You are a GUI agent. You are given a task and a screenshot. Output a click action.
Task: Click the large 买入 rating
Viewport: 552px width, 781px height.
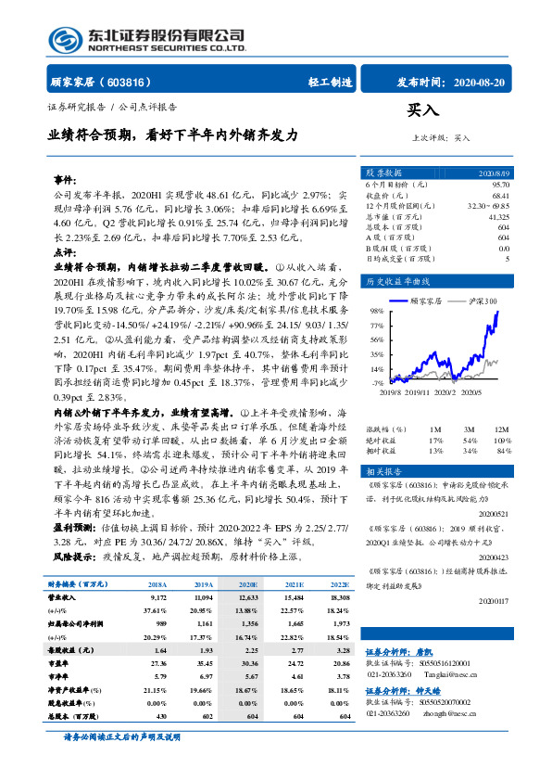pyautogui.click(x=422, y=111)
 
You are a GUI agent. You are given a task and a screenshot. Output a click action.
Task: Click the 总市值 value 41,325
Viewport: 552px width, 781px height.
pyautogui.click(x=497, y=215)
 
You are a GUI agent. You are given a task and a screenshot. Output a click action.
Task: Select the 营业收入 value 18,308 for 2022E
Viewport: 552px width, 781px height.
pyautogui.click(x=339, y=600)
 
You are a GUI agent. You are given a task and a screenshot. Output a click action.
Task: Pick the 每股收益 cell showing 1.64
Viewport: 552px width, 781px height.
pyautogui.click(x=157, y=652)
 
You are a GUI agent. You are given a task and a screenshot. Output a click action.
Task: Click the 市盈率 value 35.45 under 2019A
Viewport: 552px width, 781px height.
pyautogui.click(x=203, y=665)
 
